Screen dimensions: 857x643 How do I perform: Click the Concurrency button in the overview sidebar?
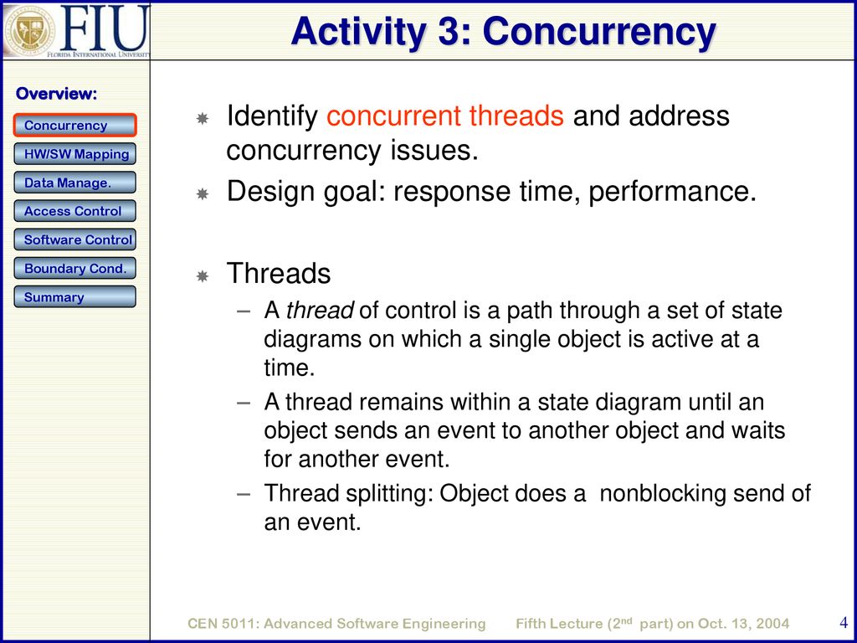click(x=74, y=126)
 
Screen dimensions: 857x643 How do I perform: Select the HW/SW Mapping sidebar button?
click(x=74, y=154)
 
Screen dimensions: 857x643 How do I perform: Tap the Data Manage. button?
click(x=74, y=183)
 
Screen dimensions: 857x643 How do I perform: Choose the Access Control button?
click(x=74, y=211)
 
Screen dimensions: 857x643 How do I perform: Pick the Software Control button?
click(x=74, y=239)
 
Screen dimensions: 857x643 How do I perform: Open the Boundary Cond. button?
click(x=74, y=269)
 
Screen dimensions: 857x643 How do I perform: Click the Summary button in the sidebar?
click(x=74, y=297)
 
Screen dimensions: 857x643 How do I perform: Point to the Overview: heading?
click(x=56, y=94)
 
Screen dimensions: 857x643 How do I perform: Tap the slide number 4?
click(x=843, y=622)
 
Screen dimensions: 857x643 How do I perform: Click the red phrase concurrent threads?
click(x=445, y=116)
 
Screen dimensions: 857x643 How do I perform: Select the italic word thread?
click(x=320, y=311)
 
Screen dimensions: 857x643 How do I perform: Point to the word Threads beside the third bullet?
click(x=279, y=273)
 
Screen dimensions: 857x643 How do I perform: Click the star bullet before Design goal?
click(x=203, y=193)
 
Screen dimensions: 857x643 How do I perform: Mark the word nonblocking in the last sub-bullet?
click(x=661, y=493)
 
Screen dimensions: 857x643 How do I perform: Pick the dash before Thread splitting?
click(x=244, y=494)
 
